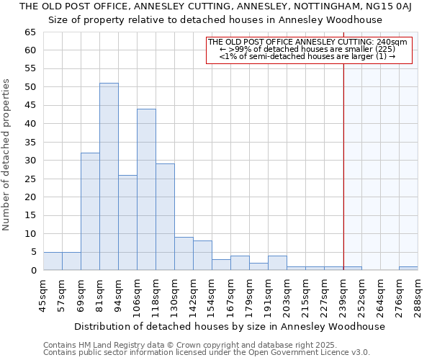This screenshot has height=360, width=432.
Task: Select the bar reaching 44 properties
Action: pos(146,189)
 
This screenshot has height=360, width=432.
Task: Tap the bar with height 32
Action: pos(90,211)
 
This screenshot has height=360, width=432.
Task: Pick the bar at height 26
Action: pos(127,222)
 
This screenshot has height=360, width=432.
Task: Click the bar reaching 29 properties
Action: pos(165,217)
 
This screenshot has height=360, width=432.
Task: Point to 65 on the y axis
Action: pos(30,32)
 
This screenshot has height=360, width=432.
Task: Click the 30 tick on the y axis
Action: pos(30,161)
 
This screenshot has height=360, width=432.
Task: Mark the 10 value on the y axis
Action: pos(30,234)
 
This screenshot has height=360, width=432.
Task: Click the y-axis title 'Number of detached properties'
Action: pos(7,155)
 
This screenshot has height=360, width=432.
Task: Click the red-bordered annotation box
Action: pos(309,50)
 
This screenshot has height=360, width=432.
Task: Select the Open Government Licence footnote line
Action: pos(206,353)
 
